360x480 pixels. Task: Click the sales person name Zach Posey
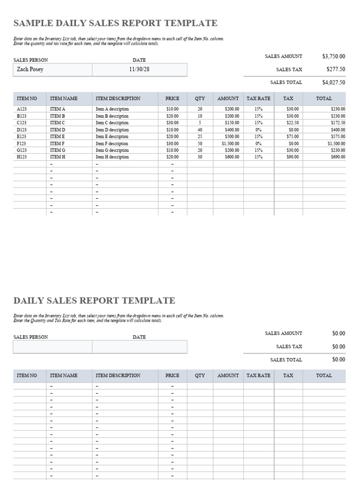click(30, 69)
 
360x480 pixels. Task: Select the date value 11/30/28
click(139, 69)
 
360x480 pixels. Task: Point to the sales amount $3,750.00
click(334, 56)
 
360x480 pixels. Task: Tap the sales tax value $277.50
click(336, 69)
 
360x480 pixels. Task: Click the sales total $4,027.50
click(334, 82)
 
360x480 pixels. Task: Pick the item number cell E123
click(22, 136)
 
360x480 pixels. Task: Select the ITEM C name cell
click(57, 123)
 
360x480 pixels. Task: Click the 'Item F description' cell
click(112, 143)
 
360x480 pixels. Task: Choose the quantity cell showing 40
click(200, 130)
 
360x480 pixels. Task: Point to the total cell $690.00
click(338, 157)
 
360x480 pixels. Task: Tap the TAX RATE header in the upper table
click(258, 98)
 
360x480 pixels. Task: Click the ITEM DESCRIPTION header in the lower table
click(118, 375)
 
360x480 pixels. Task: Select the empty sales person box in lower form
click(52, 347)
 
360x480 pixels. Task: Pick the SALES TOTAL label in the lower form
click(286, 360)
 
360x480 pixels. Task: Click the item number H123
click(22, 157)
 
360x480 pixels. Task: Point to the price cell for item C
click(172, 123)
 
